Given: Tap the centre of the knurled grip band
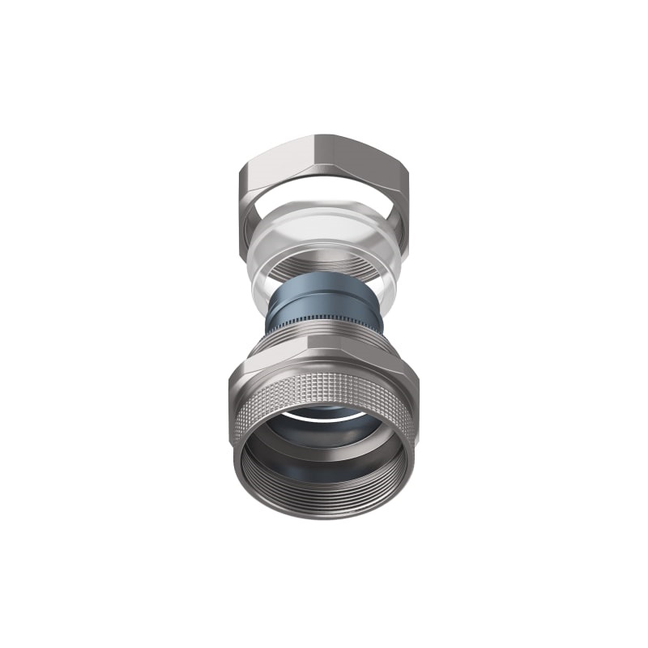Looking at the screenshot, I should [x=324, y=389].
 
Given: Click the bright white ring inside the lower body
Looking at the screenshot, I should [x=324, y=415].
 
